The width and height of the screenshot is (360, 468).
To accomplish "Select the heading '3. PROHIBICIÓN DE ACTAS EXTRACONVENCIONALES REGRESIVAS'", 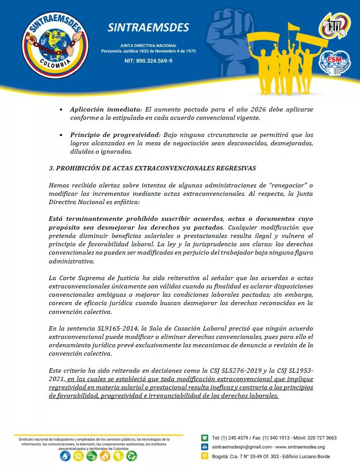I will point(152,168).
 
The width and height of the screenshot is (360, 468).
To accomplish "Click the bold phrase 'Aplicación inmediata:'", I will point(106,109).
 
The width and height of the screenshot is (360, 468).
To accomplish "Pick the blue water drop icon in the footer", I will point(65,456).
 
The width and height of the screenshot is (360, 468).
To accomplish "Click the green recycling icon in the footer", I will point(132,456).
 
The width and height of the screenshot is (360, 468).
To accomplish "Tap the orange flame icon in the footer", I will point(105,456).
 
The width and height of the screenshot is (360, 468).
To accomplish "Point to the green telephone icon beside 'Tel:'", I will point(205,438).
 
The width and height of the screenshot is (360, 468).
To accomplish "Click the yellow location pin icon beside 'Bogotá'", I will point(205,456).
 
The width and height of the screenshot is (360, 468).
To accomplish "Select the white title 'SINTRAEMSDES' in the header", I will point(148,28).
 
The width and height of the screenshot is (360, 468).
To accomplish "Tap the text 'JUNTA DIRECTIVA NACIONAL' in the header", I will point(148,46).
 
